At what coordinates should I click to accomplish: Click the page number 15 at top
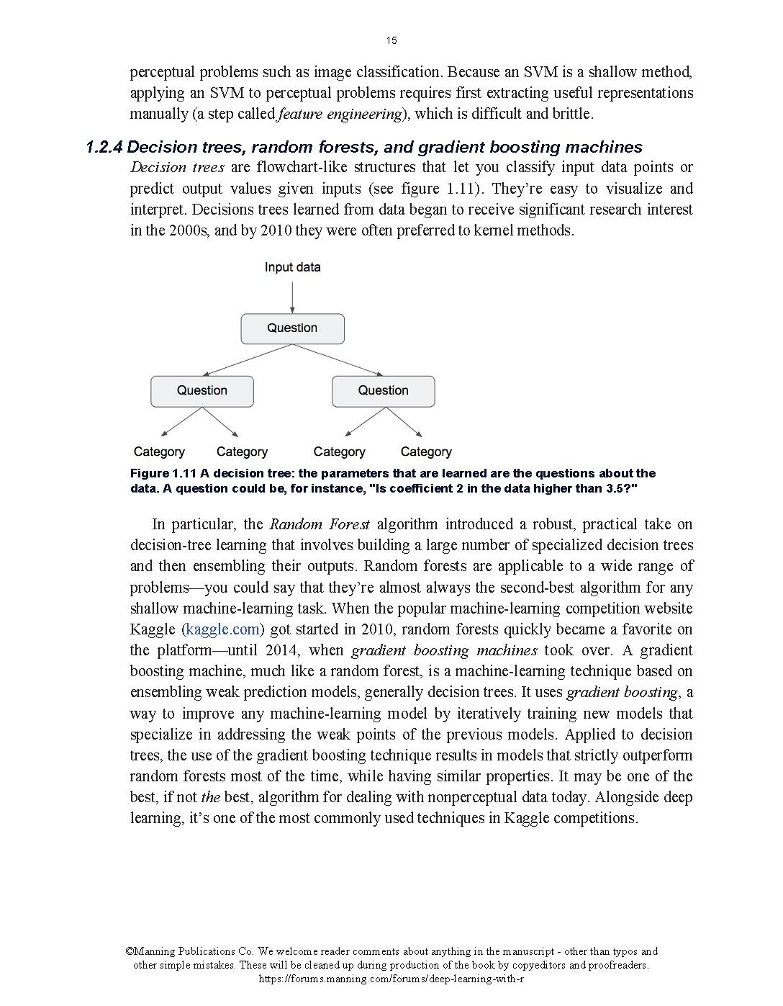click(x=391, y=40)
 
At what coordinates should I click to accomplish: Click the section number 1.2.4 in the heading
click(x=104, y=148)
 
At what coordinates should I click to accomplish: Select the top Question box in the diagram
click(x=292, y=328)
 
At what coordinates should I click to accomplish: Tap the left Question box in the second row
click(x=202, y=391)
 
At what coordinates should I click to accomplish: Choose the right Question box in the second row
click(x=383, y=391)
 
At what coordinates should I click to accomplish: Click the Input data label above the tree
click(x=292, y=267)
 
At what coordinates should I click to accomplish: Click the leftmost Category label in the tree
click(x=159, y=452)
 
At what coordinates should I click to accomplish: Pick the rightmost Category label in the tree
click(x=426, y=452)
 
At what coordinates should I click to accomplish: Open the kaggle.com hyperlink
click(x=222, y=629)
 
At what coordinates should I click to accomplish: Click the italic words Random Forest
click(x=320, y=524)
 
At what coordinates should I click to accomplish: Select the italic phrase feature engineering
click(x=340, y=114)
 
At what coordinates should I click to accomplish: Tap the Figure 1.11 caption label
click(x=163, y=474)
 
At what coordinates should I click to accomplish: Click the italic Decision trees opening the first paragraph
click(x=177, y=168)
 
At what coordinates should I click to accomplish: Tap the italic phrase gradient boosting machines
click(x=444, y=650)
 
